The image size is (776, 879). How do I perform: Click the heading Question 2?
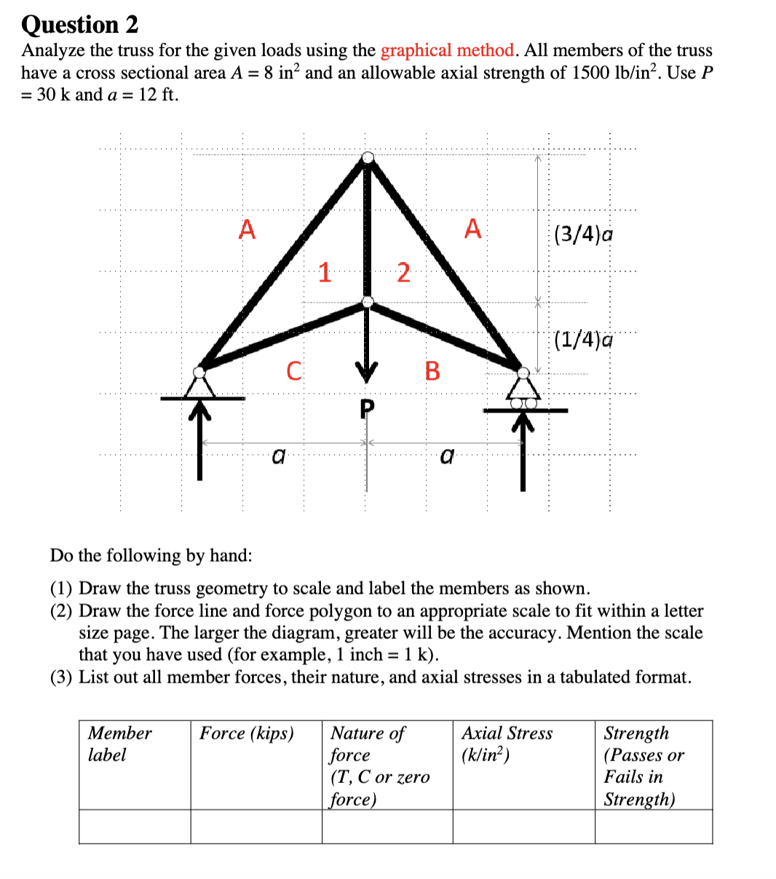[79, 25]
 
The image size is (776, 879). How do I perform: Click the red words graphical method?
[447, 50]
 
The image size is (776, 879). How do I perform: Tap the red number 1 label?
[325, 273]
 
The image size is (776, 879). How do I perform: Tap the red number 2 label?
[403, 273]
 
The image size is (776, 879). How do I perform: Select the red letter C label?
[293, 371]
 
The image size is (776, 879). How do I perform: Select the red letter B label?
[432, 371]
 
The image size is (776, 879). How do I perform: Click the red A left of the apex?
[248, 229]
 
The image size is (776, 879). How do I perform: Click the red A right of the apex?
[473, 229]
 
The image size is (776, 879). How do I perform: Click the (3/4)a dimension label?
[582, 234]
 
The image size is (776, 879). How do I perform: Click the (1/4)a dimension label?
[582, 339]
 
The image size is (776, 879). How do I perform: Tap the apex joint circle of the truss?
[368, 157]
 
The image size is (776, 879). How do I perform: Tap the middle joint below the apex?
[368, 301]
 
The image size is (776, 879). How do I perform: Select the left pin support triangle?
[200, 384]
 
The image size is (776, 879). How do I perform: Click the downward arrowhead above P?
[368, 373]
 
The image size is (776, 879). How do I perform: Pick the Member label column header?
[119, 744]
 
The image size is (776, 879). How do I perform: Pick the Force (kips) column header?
[247, 733]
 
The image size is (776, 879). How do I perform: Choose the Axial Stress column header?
[507, 744]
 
